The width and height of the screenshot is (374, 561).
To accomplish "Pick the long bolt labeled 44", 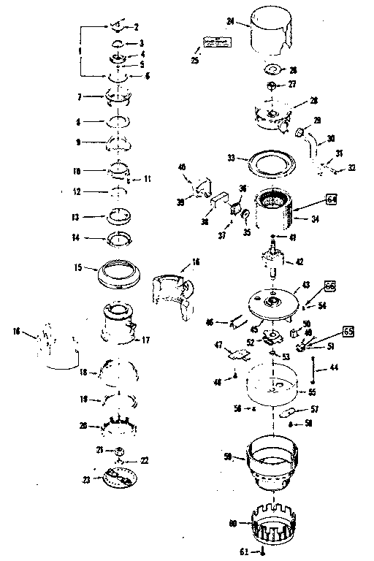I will (313, 369).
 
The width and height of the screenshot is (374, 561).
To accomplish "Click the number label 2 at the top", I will (135, 26).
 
